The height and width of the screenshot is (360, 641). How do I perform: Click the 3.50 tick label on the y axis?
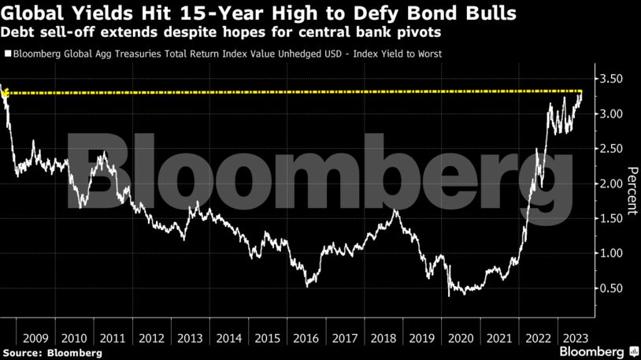(611, 79)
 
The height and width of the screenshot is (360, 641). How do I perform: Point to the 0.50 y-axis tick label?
(611, 288)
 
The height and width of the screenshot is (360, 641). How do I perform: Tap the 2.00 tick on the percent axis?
(611, 184)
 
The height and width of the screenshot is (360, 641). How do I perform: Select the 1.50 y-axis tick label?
(611, 218)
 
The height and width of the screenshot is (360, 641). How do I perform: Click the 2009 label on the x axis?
(35, 339)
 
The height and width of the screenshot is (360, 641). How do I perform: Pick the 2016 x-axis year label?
(306, 339)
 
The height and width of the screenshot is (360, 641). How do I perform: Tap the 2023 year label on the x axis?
(576, 339)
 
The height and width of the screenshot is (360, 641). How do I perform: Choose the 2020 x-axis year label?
(461, 339)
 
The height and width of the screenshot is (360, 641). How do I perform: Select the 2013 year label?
(190, 339)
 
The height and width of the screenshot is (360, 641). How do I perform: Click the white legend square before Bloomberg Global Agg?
(8, 54)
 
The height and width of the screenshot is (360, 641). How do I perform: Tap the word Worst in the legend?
(429, 54)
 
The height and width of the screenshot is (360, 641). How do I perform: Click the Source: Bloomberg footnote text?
(52, 353)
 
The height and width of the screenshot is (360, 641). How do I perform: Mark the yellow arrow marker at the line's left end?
(5, 94)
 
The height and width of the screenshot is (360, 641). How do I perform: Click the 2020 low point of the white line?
(449, 296)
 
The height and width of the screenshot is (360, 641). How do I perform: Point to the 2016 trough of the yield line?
(307, 286)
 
